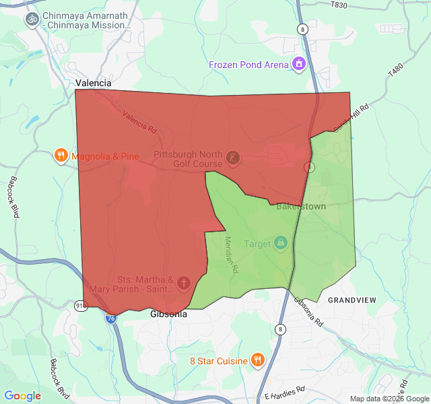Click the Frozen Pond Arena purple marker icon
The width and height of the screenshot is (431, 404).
coord(299,65)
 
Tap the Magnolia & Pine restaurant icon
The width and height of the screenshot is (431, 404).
coord(61,156)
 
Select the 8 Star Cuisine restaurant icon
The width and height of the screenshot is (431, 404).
coord(257,360)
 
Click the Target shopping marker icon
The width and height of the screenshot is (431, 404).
coord(281,243)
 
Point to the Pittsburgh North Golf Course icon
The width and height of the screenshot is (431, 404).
coord(233,158)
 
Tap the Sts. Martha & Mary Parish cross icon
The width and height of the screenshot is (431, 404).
coord(184,284)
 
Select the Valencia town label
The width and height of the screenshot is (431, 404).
coord(93,83)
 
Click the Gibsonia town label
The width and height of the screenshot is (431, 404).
coord(168,314)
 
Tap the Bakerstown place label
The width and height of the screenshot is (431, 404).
coord(301,206)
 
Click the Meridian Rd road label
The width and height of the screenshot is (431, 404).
coord(231,254)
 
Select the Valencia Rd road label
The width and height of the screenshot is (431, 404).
coord(139,121)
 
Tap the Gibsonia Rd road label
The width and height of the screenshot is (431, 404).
coord(309,310)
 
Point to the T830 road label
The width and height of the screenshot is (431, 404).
coord(339,5)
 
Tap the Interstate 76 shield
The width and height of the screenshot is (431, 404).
coord(110,318)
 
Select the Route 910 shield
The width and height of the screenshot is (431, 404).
coord(80,306)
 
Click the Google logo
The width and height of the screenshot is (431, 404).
coord(23,396)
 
